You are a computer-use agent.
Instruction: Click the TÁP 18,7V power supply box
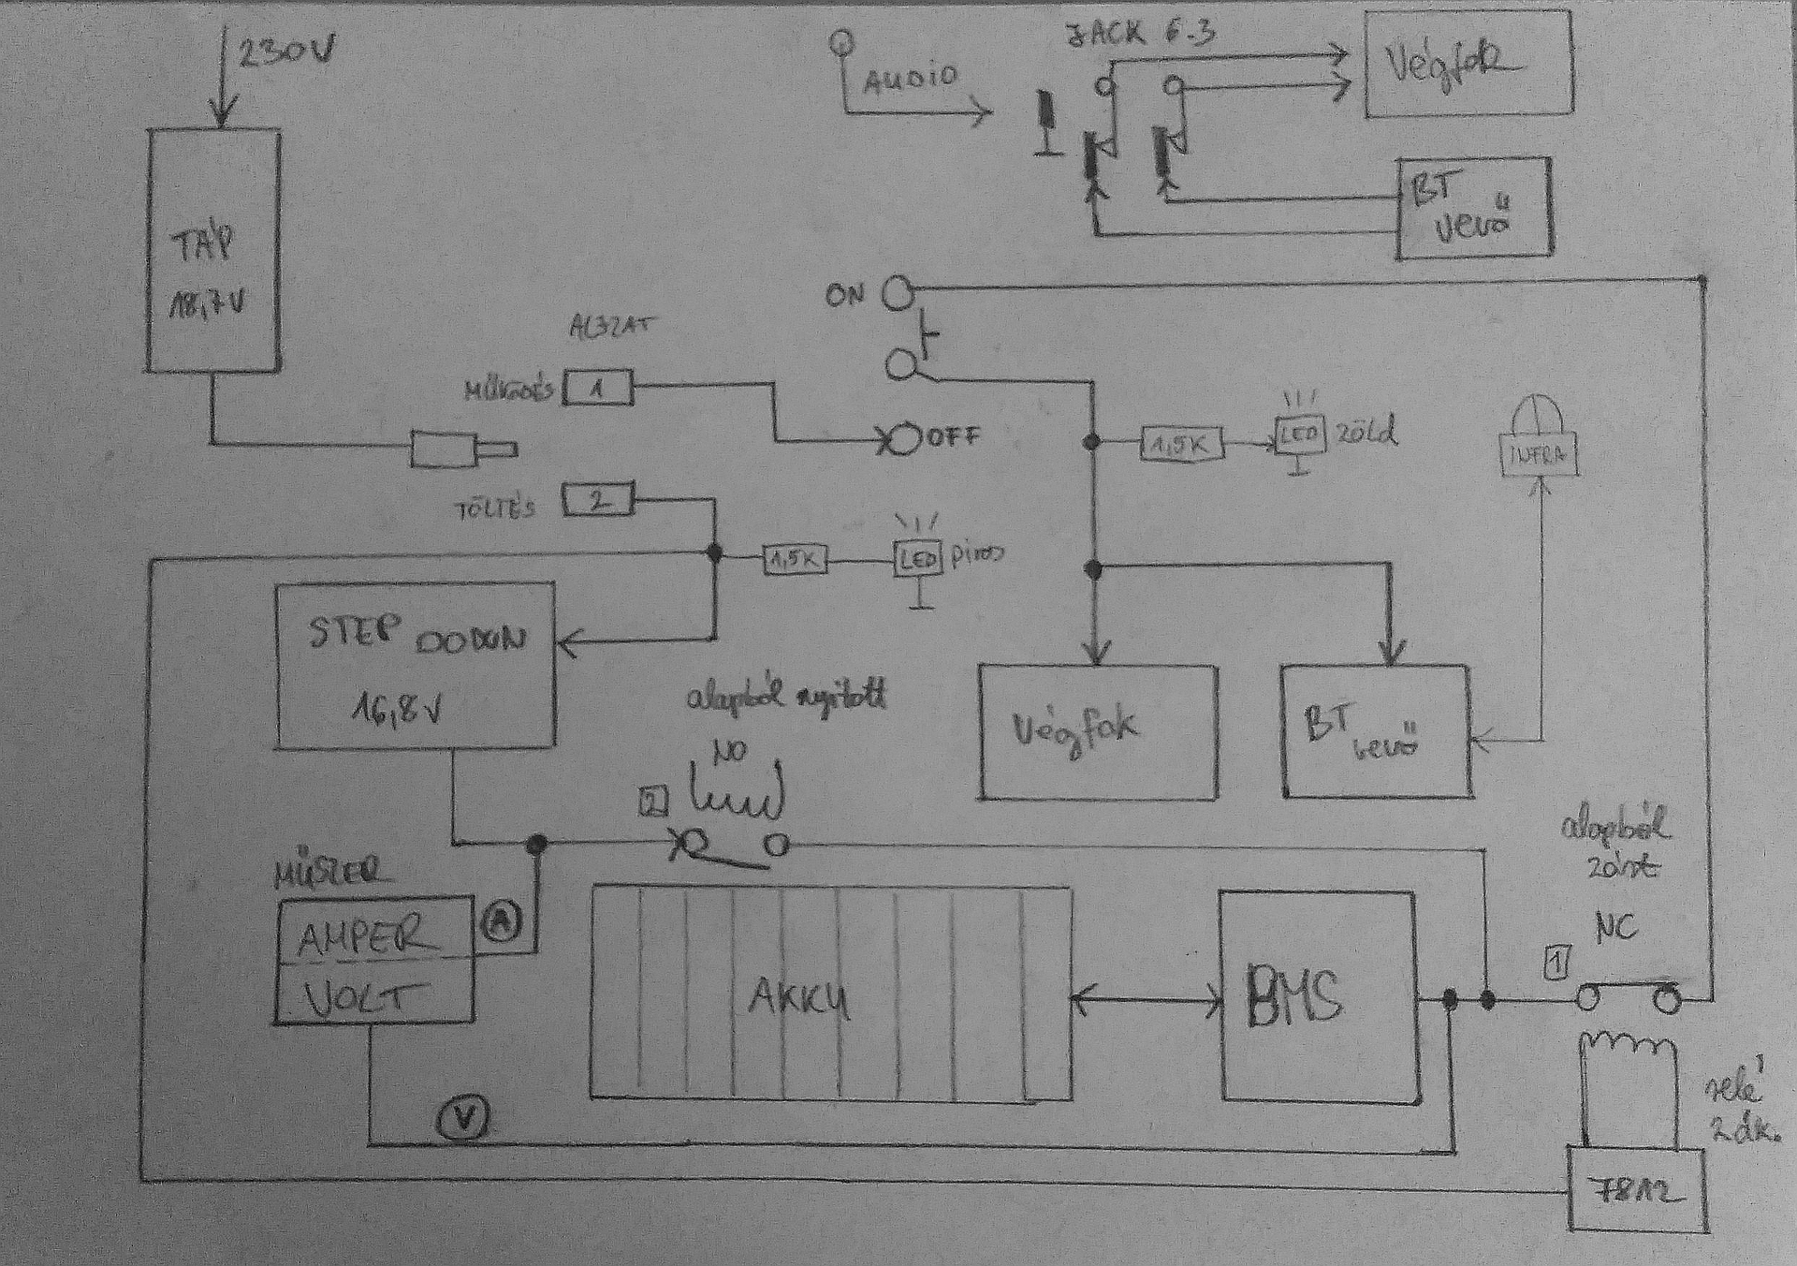pyautogui.click(x=213, y=250)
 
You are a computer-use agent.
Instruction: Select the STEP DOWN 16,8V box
pyautogui.click(x=415, y=665)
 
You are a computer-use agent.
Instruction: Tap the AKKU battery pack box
pyautogui.click(x=831, y=992)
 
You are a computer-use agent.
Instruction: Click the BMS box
pyautogui.click(x=1317, y=994)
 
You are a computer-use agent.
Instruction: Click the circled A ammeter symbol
pyautogui.click(x=502, y=922)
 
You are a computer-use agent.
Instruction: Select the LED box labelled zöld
pyautogui.click(x=1299, y=435)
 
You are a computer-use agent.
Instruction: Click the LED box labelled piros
pyautogui.click(x=918, y=559)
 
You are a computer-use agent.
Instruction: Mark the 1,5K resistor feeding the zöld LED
pyautogui.click(x=1182, y=445)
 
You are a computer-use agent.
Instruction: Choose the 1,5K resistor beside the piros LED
pyautogui.click(x=796, y=560)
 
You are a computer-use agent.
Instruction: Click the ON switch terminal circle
pyautogui.click(x=898, y=292)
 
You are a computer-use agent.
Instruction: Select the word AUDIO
pyautogui.click(x=911, y=80)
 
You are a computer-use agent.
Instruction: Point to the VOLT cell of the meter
pyautogui.click(x=373, y=1001)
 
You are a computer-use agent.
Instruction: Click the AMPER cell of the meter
pyautogui.click(x=373, y=936)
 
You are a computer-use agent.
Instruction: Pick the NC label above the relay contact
pyautogui.click(x=1615, y=928)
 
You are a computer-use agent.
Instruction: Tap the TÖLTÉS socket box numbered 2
pyautogui.click(x=597, y=500)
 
